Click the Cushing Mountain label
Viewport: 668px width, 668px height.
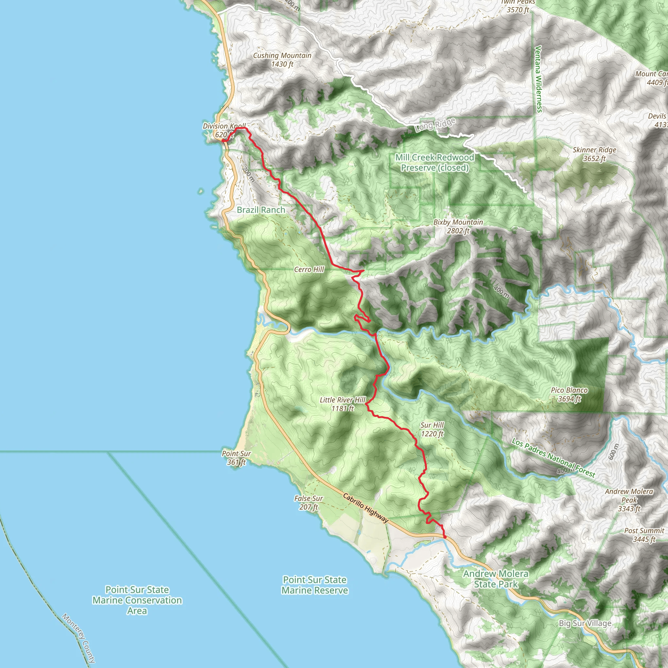282,59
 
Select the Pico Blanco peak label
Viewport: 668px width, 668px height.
569,394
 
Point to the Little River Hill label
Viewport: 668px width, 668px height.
342,404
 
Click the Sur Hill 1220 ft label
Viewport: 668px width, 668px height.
432,429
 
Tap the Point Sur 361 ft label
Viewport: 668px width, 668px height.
236,457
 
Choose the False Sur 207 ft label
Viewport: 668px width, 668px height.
309,502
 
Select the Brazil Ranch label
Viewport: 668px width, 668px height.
261,210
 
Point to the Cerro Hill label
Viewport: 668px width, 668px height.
309,269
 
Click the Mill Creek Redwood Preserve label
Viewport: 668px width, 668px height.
434,162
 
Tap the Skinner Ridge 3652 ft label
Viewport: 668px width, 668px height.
594,154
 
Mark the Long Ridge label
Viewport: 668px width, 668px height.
435,125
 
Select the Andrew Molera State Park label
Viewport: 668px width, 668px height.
495,579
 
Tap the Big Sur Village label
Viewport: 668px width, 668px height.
585,623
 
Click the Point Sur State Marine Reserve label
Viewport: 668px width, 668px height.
314,585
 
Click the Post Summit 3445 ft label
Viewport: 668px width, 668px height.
644,535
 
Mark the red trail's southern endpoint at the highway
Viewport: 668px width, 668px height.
445,537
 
